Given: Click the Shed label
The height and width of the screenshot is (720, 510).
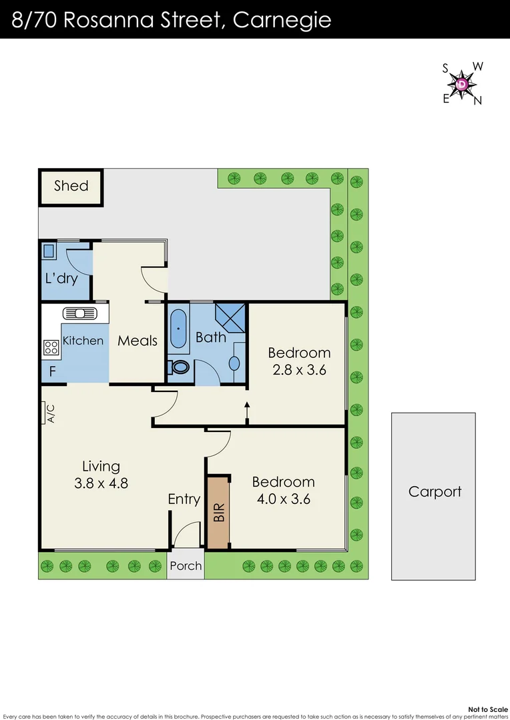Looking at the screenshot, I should pos(71,185).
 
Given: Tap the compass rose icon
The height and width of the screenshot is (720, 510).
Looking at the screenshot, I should pos(463,84).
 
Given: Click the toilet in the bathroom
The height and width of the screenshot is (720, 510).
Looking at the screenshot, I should pos(180,367).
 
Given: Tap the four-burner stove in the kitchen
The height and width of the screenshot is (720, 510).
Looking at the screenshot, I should pos(51,347).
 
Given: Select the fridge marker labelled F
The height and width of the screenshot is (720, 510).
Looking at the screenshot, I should pos(53,371).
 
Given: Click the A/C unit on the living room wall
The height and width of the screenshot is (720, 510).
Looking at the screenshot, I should pos(48,413).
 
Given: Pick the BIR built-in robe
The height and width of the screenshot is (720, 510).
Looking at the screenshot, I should pos(218,512).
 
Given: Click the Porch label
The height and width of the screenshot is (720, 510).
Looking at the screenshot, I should pos(186,565).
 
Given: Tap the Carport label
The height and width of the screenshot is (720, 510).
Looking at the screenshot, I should pos(435,492).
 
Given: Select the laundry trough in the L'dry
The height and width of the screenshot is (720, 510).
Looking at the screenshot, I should pos(49,252).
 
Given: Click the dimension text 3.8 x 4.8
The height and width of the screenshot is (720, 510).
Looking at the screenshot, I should pos(101,483).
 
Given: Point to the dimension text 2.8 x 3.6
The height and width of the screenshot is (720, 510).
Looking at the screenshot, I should pos(298,370).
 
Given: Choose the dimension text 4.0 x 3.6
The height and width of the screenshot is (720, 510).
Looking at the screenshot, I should pos(283,499).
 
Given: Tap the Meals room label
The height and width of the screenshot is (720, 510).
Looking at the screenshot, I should pos(138,341).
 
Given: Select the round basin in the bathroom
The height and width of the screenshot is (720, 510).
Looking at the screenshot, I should pos(234,363).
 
